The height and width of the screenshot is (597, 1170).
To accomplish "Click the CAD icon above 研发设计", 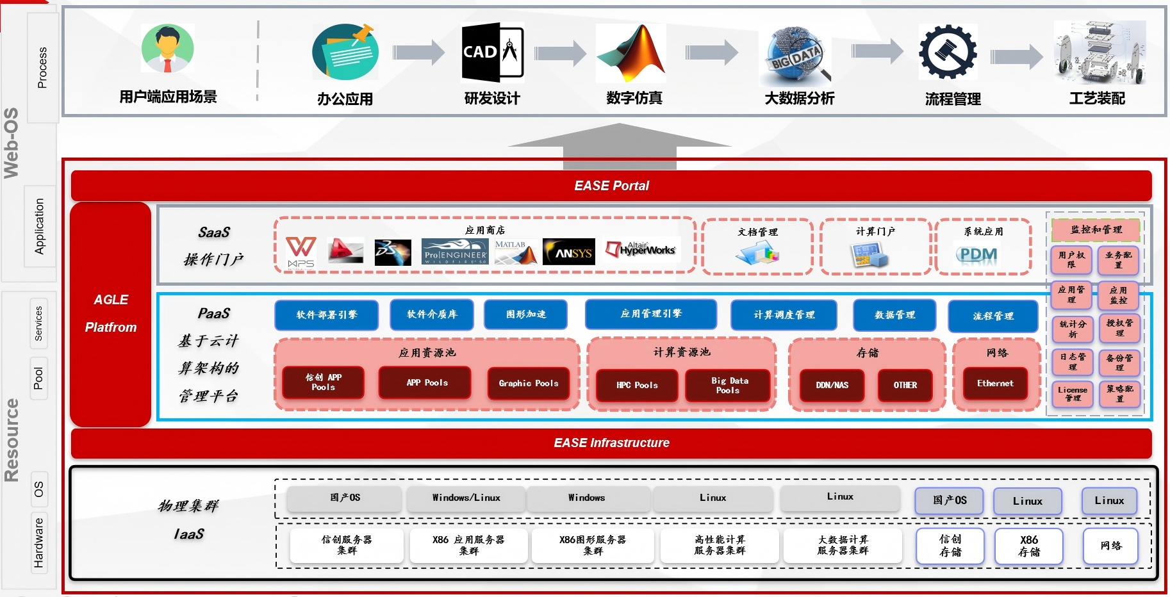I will click(492, 53).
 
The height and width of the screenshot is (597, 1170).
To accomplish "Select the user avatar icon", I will click(168, 48).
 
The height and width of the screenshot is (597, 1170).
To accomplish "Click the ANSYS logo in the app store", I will click(568, 252).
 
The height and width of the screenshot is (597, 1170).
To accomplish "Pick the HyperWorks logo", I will click(641, 250).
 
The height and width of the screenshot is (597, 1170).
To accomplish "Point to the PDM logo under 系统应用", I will click(978, 254).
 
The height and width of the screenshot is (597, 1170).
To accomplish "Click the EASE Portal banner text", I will click(611, 186).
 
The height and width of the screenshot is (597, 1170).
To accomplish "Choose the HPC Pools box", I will click(637, 385).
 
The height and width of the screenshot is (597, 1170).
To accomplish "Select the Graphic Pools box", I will click(529, 383).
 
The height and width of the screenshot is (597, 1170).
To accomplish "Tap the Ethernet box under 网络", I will click(995, 383).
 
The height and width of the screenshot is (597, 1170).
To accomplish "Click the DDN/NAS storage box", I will click(832, 385).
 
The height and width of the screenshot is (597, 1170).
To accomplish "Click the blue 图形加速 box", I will click(525, 315).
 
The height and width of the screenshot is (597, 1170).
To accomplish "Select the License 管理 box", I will click(1072, 394).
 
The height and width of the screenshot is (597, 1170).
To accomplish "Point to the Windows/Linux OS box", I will click(466, 498).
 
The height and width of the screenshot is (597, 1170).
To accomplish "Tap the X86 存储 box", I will click(1029, 546).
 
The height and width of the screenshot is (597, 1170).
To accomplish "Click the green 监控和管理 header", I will click(1096, 229).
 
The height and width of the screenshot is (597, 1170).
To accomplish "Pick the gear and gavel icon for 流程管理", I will click(948, 53).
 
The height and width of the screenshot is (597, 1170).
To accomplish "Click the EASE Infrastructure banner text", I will click(611, 443).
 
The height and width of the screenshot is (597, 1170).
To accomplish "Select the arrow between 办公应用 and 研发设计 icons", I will click(418, 53).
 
